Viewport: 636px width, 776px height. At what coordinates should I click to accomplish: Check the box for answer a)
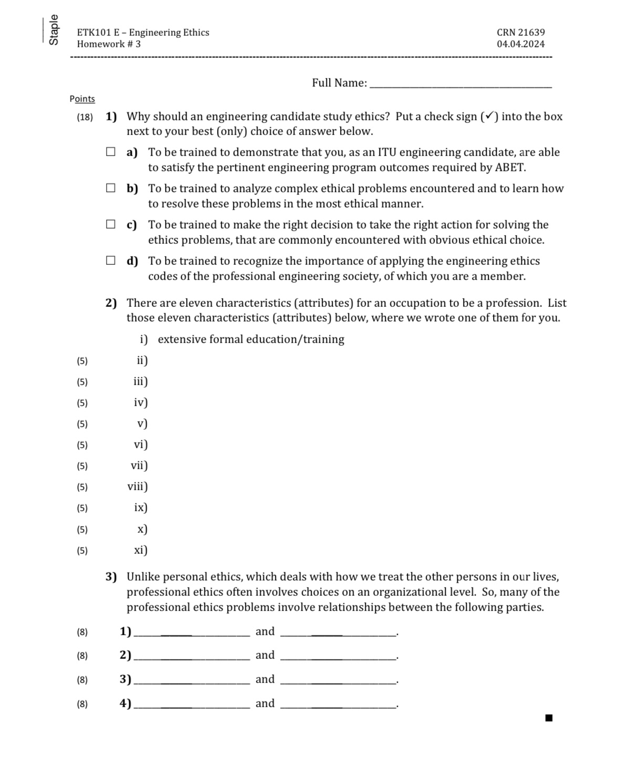pos(110,152)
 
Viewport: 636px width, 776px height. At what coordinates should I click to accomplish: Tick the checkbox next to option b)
pos(110,188)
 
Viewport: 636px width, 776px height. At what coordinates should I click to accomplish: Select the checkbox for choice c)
pos(110,224)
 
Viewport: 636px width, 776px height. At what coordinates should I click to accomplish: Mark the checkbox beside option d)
pos(110,261)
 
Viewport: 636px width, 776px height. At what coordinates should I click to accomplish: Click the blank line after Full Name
pos(460,84)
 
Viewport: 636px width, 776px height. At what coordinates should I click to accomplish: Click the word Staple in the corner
pos(53,30)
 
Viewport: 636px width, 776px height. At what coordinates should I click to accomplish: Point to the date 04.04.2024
pos(520,44)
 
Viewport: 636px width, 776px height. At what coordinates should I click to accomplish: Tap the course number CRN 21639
pos(520,33)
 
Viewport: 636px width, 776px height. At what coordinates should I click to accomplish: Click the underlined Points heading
pos(82,99)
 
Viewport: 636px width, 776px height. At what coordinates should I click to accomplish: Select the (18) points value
pos(85,117)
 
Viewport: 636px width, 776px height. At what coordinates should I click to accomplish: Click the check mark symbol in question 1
pos(489,116)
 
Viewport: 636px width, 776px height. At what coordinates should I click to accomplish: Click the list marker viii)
pos(138,487)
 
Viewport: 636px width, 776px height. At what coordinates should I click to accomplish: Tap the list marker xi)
pos(140,550)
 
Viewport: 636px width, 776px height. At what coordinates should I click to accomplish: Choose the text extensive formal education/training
pos(251,339)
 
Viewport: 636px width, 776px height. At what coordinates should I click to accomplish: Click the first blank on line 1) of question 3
pos(192,633)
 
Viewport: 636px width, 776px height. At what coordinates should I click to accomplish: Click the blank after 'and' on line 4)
pos(338,705)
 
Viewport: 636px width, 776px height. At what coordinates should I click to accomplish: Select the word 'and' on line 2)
pos(265,655)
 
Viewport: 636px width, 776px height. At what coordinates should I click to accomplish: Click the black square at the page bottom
pos(549,718)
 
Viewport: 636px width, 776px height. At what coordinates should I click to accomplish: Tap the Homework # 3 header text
pos(109,44)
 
